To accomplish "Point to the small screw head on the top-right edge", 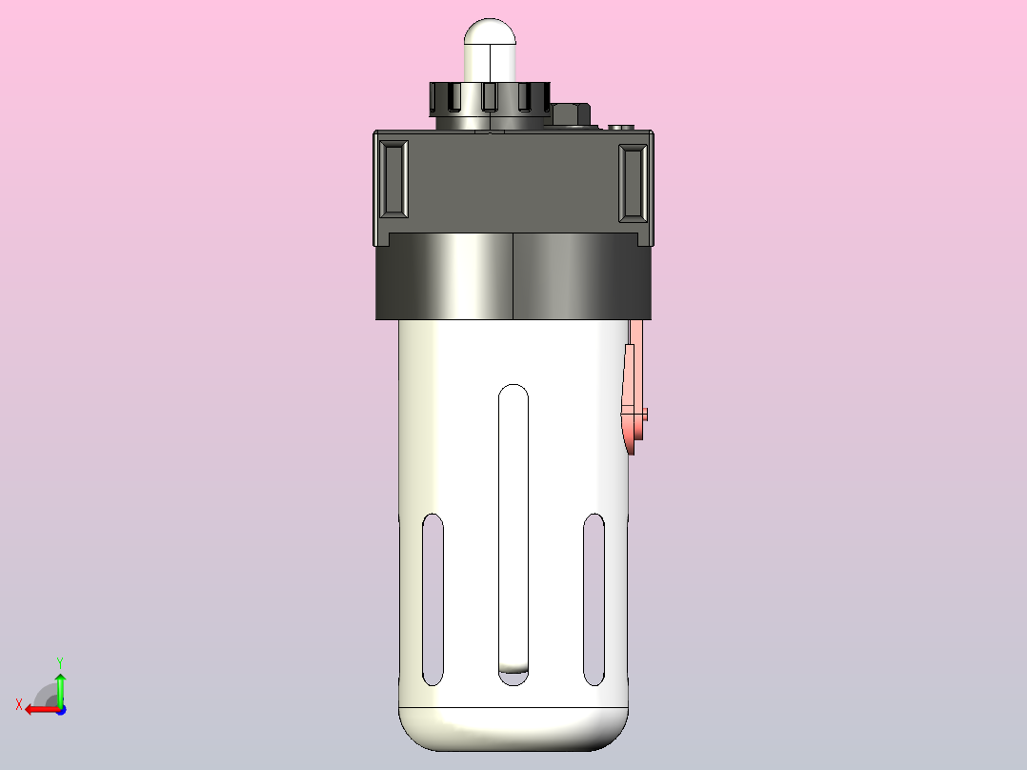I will click(x=624, y=126).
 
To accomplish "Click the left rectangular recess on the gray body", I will click(x=393, y=178).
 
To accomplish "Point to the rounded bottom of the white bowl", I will click(x=513, y=729).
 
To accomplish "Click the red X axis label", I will click(x=18, y=705).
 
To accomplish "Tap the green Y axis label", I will click(x=59, y=660).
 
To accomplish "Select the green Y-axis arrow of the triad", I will click(x=60, y=686).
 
